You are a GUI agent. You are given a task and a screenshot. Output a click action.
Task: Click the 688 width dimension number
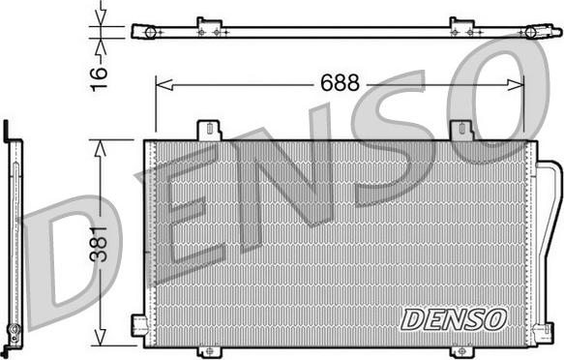coord(340,82)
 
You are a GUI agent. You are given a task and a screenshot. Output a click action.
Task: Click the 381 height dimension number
coord(99,244)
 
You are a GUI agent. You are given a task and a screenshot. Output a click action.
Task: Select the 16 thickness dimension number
coord(99,78)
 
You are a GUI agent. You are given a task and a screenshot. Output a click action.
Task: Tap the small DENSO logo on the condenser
coord(454,319)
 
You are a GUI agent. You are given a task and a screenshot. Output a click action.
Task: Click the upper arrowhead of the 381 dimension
coord(100,148)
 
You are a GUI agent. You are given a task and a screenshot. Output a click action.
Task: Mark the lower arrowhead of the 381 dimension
coord(100,338)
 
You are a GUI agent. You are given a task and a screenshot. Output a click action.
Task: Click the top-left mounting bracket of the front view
coord(209,131)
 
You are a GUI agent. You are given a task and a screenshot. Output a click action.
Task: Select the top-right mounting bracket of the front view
coord(462,131)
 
